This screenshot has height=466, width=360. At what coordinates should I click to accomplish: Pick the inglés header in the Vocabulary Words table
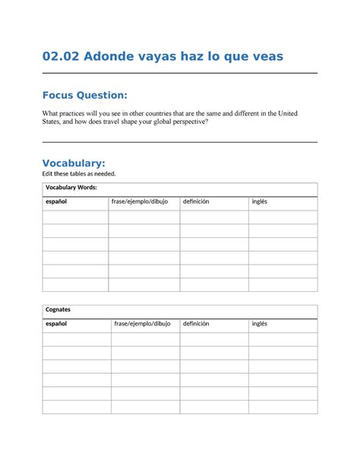[x=260, y=201]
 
